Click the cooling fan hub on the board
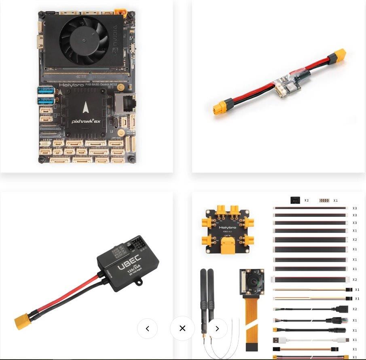[x=85, y=40]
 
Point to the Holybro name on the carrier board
[x=71, y=85]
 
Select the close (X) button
[x=182, y=328]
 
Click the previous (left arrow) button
[x=147, y=328]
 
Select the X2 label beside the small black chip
[x=306, y=200]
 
